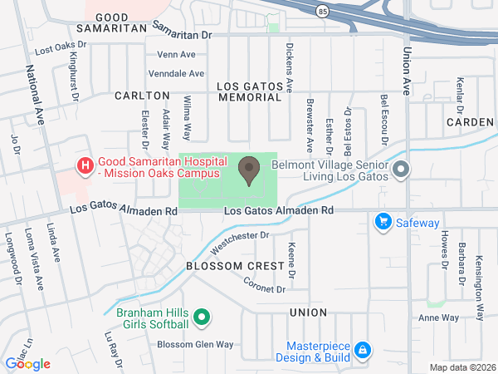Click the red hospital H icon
[x=85, y=166]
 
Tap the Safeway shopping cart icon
[x=383, y=221]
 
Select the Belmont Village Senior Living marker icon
[x=402, y=170]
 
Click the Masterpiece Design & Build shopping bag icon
[x=362, y=352]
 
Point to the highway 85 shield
[x=320, y=9]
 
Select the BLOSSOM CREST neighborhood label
[x=224, y=266]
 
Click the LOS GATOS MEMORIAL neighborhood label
[x=249, y=91]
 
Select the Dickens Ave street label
[x=289, y=66]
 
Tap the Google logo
[x=27, y=363]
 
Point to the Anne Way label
[x=439, y=317]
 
